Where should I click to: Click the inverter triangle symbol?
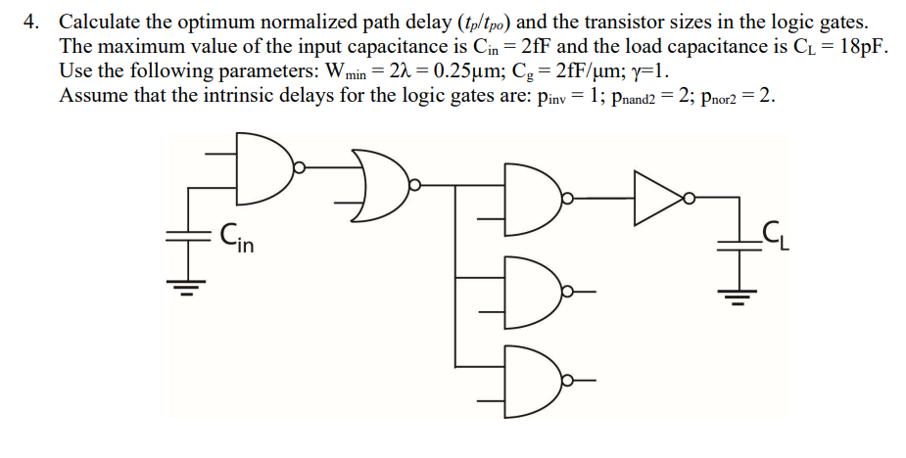click(x=658, y=197)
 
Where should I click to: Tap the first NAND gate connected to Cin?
click(x=263, y=167)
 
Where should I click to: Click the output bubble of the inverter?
click(x=690, y=198)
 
